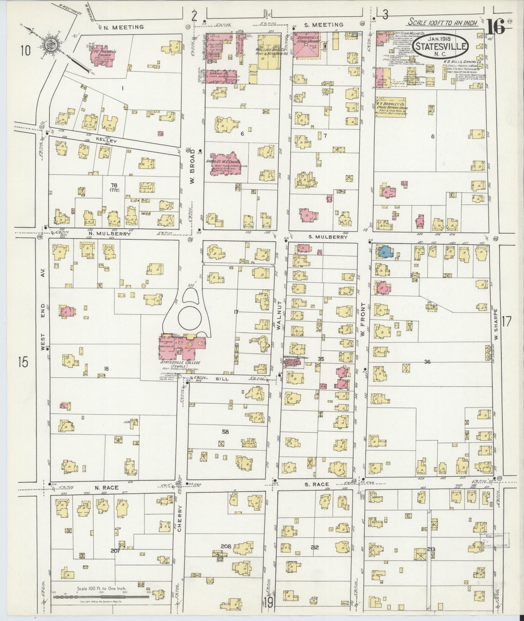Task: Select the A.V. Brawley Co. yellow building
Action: (x=391, y=106)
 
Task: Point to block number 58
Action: (x=226, y=432)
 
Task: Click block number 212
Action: (x=314, y=547)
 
